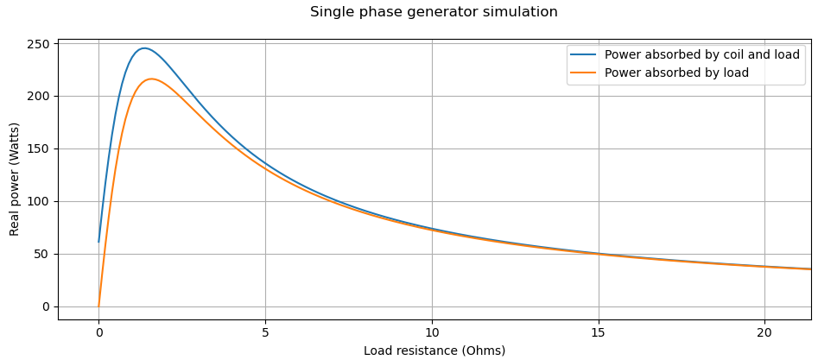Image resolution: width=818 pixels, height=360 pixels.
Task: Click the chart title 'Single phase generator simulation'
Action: (434, 12)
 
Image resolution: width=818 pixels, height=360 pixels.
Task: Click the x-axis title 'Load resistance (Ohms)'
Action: (434, 351)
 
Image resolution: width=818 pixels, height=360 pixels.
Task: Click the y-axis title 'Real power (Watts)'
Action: (15, 179)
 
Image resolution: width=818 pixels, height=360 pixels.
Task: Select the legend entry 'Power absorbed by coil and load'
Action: (701, 54)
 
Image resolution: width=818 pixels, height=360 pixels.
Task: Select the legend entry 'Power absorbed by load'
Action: (676, 73)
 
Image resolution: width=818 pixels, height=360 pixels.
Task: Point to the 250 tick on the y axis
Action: (38, 44)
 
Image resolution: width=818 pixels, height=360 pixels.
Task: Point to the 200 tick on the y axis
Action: (38, 97)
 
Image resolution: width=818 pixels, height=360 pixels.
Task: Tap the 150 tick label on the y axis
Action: (38, 149)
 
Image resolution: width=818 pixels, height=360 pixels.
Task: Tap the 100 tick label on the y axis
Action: (38, 202)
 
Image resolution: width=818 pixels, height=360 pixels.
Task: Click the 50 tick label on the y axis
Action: (41, 255)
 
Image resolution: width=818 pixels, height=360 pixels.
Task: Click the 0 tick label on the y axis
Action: (46, 307)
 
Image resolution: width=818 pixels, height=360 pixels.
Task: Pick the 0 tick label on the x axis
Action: (98, 332)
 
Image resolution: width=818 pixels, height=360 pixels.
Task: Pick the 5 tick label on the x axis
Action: (265, 332)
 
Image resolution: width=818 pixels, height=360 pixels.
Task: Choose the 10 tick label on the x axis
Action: (432, 332)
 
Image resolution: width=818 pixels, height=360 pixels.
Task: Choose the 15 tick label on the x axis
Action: (599, 332)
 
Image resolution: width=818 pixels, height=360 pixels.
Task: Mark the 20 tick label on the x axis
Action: (764, 332)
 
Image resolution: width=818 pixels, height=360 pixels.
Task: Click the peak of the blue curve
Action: (144, 48)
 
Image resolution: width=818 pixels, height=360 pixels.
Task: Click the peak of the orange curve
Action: (151, 79)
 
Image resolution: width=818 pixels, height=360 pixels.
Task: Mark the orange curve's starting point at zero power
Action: (98, 306)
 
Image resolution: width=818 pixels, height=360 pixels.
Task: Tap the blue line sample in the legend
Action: (583, 54)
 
